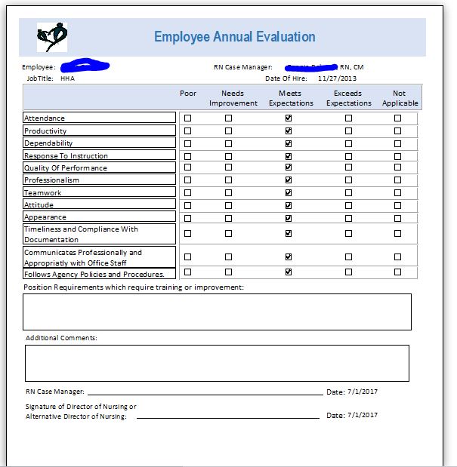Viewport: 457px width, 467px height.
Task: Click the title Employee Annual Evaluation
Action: click(235, 37)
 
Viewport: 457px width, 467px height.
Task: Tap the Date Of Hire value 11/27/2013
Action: click(338, 78)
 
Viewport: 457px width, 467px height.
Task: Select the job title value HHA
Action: click(67, 78)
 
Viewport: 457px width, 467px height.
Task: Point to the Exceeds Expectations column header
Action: click(348, 98)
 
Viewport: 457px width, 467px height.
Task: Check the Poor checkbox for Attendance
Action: click(188, 118)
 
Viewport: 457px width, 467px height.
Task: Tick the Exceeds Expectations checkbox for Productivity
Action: click(348, 131)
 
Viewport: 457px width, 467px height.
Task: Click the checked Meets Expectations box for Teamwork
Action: click(289, 192)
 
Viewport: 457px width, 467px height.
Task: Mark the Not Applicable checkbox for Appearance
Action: click(398, 217)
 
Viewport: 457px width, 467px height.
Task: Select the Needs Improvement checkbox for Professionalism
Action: click(228, 180)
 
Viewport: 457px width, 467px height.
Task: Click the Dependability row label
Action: click(48, 143)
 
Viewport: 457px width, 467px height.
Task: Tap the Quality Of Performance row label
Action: click(66, 168)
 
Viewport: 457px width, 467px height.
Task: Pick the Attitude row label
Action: click(39, 205)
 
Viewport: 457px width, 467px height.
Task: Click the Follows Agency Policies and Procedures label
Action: click(94, 275)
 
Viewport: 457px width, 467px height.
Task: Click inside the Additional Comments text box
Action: click(217, 363)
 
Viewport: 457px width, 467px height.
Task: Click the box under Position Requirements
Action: click(217, 312)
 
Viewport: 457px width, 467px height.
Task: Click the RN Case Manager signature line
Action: click(204, 393)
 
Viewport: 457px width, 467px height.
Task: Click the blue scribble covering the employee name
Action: click(85, 66)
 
